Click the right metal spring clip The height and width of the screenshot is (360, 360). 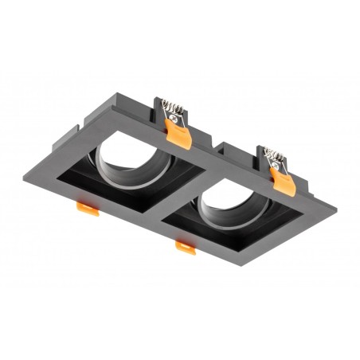coord(275,156)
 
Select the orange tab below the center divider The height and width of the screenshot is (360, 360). coord(185,248)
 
